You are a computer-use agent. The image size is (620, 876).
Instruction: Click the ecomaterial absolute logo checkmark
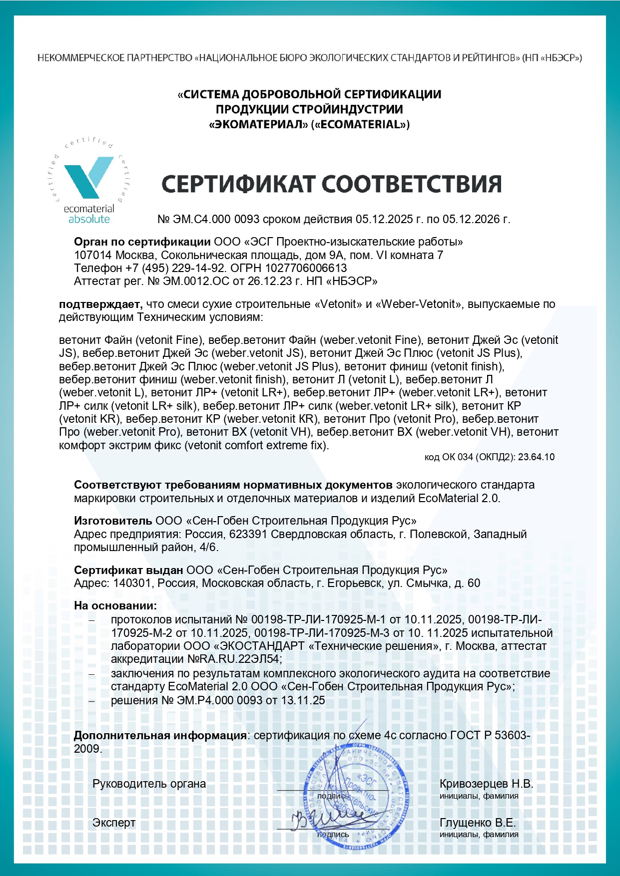click(x=89, y=177)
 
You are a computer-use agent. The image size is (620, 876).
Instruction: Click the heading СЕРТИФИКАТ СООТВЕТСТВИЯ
click(x=331, y=184)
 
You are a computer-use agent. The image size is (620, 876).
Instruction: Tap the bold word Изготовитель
click(x=113, y=521)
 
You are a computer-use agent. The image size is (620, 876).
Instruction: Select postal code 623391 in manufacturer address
click(x=248, y=534)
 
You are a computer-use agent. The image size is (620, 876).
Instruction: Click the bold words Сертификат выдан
click(x=128, y=570)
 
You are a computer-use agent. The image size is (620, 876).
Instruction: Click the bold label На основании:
click(x=115, y=606)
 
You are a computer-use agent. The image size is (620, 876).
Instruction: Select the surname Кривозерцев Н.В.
click(x=486, y=784)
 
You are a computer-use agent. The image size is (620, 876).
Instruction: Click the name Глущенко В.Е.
click(x=477, y=823)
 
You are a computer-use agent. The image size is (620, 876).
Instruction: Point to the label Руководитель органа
click(x=149, y=784)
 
